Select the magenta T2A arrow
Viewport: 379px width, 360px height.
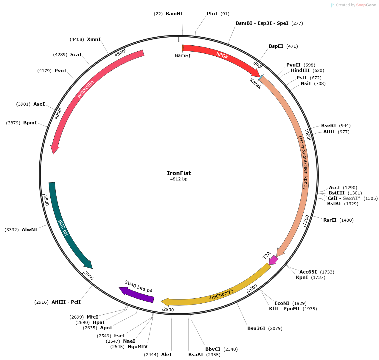(x=273, y=259)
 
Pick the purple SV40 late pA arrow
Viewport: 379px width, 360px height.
(x=136, y=294)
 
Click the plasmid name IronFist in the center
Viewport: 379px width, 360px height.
(x=179, y=173)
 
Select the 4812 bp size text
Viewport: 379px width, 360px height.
(x=179, y=179)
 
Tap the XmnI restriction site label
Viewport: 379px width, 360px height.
(x=94, y=39)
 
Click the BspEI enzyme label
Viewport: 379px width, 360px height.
(x=276, y=46)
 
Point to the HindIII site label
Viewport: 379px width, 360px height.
(x=300, y=70)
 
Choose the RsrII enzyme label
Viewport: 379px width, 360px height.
(x=330, y=220)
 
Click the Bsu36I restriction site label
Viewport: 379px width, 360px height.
(x=256, y=328)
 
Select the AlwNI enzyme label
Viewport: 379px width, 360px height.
(x=29, y=229)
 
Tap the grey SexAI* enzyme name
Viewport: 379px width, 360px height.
(x=351, y=198)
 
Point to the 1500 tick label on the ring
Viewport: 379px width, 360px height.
(x=306, y=220)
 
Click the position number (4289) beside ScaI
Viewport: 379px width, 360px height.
(x=60, y=55)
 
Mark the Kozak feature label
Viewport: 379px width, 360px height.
(x=255, y=84)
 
